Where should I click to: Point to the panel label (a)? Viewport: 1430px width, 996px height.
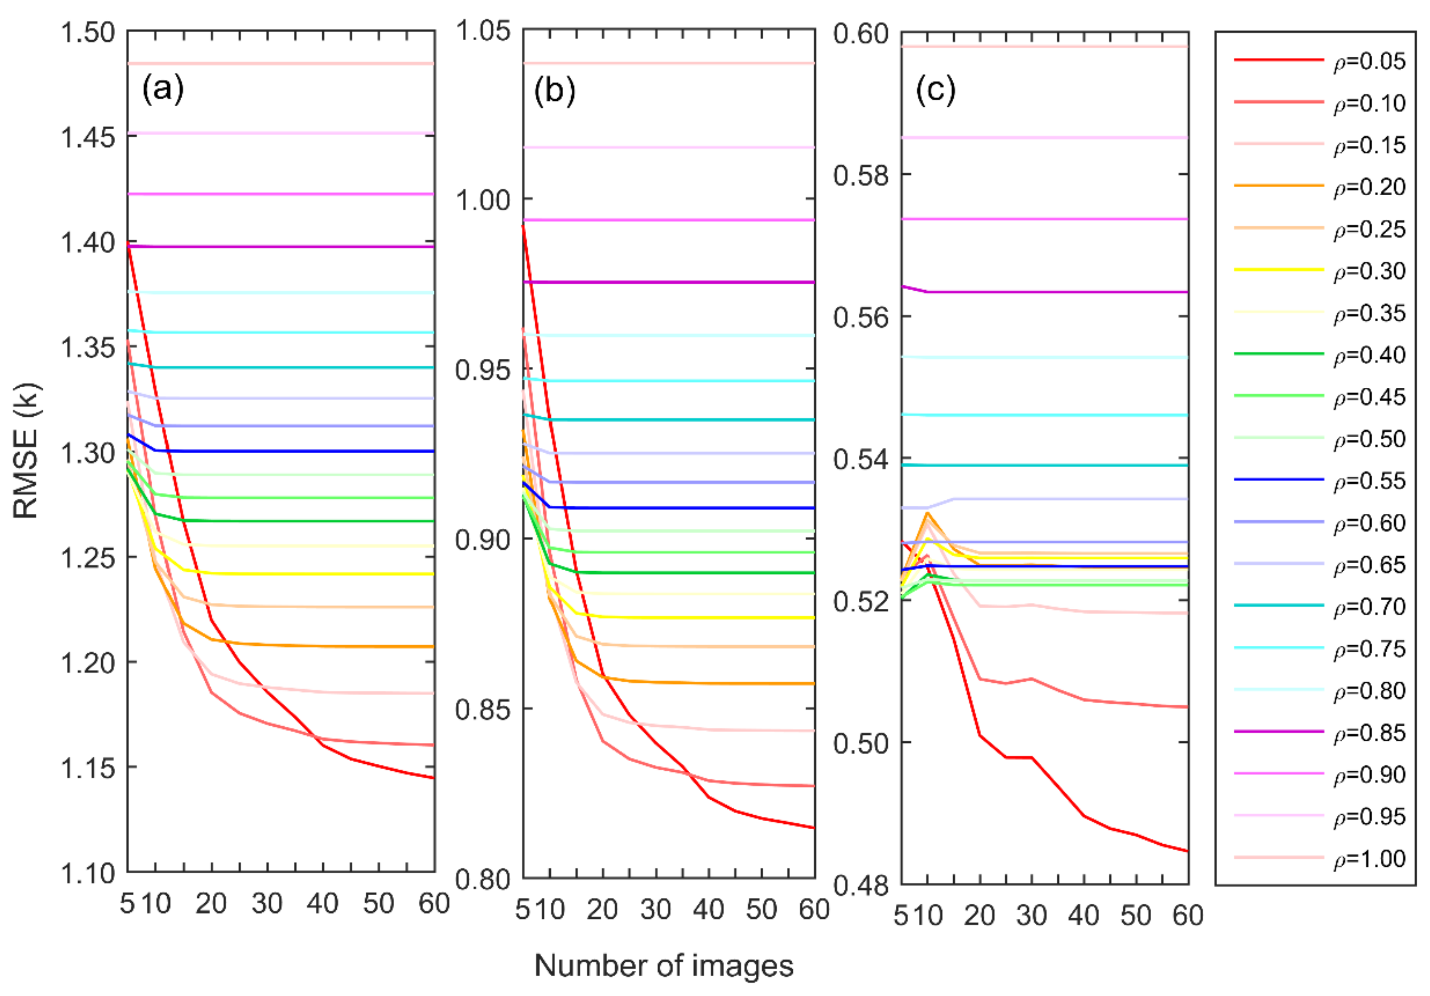[x=163, y=89]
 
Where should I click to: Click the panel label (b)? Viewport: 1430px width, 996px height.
[x=554, y=90]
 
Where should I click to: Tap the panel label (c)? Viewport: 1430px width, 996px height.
[x=936, y=90]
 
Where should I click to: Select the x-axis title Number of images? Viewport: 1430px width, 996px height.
[x=664, y=965]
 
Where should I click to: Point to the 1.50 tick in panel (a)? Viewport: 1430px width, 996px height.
[x=88, y=33]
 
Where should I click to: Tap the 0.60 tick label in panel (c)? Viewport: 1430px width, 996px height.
[x=861, y=33]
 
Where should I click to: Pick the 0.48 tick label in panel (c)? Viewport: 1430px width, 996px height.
[x=861, y=884]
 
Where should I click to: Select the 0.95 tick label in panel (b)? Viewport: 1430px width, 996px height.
[x=483, y=369]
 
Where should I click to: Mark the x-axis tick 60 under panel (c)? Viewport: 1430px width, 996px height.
[x=1188, y=916]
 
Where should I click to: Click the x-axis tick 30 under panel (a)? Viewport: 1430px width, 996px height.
[x=267, y=903]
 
